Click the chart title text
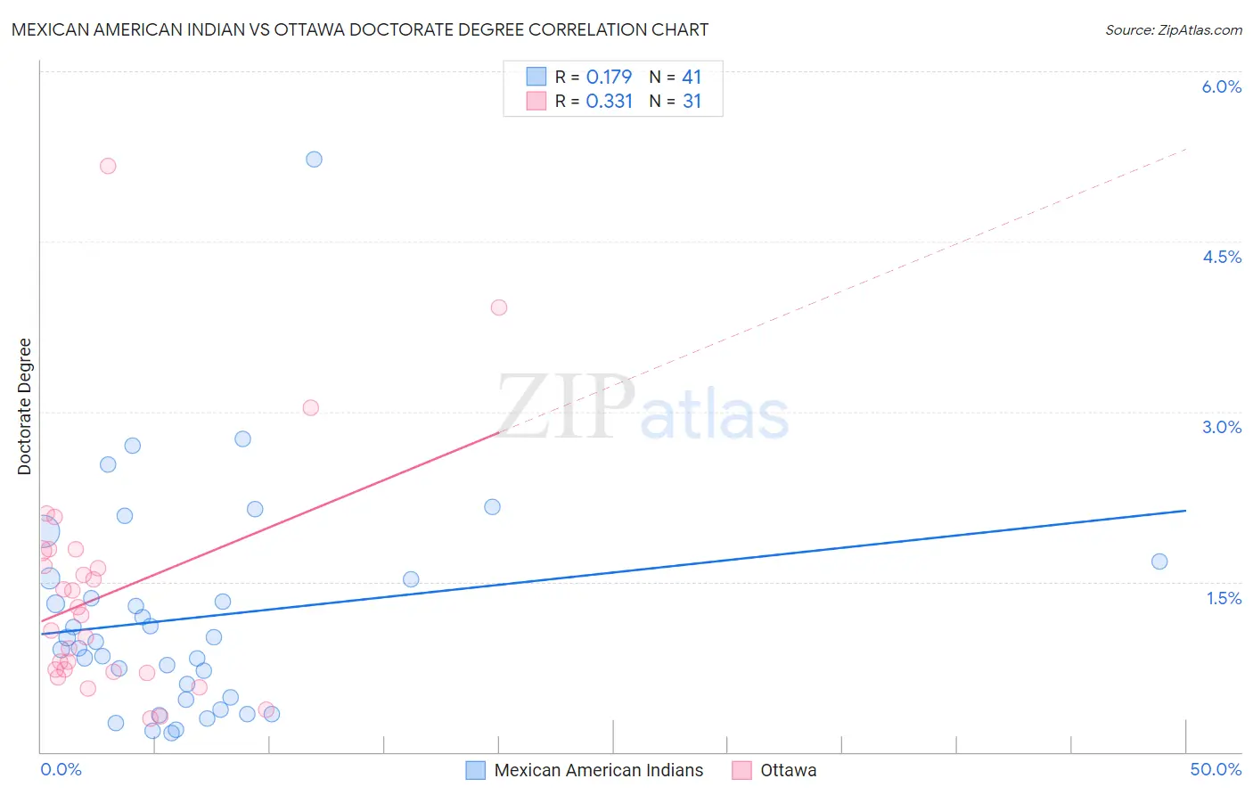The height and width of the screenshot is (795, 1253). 360,29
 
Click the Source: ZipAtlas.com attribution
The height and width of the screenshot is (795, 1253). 1173,29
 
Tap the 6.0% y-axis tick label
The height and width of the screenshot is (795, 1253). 1221,86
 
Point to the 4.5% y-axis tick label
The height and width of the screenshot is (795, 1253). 1221,257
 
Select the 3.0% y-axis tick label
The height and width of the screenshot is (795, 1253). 1221,427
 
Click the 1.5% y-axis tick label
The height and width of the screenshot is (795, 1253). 1224,598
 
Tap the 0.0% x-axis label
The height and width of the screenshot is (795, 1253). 61,769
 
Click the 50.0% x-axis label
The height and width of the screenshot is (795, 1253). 1216,769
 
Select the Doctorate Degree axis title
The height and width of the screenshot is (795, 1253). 25,406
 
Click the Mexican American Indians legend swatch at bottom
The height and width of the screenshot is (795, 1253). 476,770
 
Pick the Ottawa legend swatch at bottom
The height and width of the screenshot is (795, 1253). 741,770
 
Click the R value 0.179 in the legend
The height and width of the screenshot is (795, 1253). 609,78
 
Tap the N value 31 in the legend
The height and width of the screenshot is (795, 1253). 692,102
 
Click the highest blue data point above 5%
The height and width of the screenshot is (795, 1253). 314,160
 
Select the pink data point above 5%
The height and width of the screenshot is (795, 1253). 108,166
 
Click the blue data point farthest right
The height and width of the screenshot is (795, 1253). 1159,561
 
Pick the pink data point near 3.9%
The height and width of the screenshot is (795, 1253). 499,307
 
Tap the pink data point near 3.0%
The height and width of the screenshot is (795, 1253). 311,407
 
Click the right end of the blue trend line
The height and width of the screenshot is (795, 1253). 1185,511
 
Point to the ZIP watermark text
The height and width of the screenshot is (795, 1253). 567,406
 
